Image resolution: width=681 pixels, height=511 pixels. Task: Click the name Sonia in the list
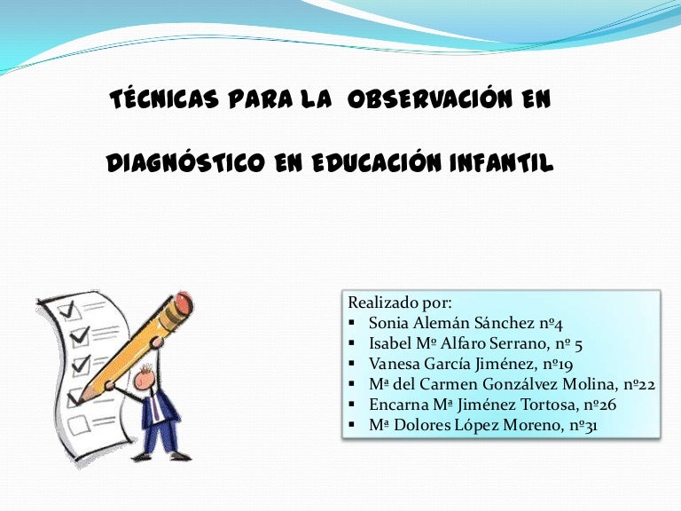[388, 322]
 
